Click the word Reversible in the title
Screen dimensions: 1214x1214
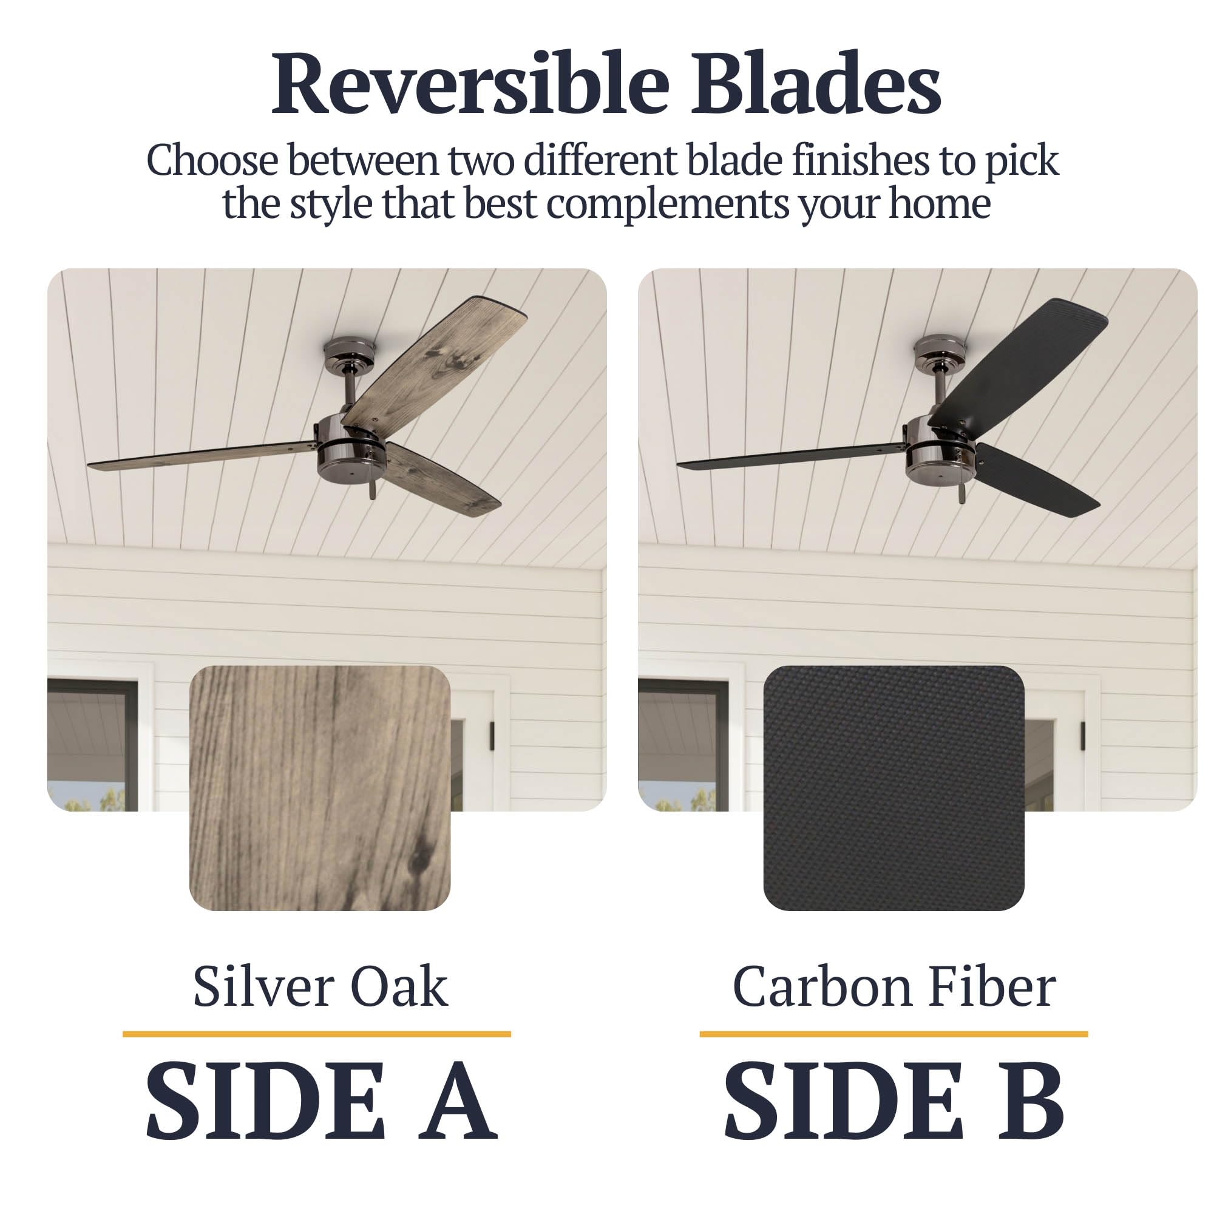click(x=470, y=85)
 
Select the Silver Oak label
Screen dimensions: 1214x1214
click(x=320, y=986)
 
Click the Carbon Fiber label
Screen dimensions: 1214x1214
click(x=894, y=986)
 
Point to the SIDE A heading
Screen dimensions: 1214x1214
click(x=322, y=1100)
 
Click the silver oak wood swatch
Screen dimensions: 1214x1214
click(x=320, y=788)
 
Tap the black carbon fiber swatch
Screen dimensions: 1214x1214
click(x=894, y=788)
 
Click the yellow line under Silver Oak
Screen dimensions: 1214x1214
click(x=317, y=1034)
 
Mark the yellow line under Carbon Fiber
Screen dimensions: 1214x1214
click(x=894, y=1034)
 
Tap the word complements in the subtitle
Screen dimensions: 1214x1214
click(x=667, y=203)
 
